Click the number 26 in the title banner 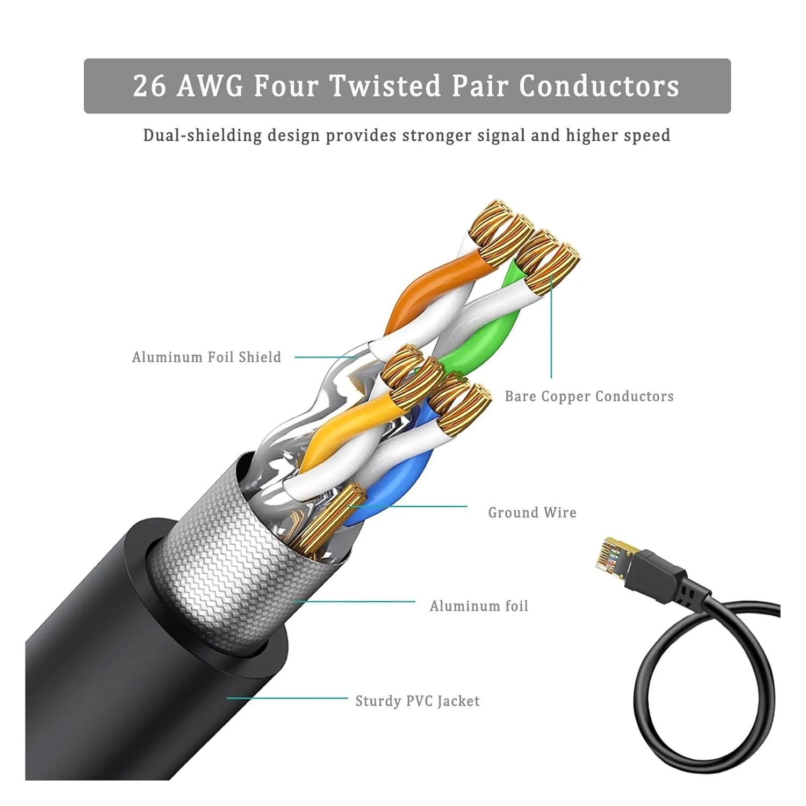[x=149, y=86]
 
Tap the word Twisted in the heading [x=384, y=86]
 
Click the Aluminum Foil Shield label [x=207, y=357]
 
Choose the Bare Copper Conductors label [x=589, y=396]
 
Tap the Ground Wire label [x=532, y=513]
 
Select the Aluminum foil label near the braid [x=479, y=606]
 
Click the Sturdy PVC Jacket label [x=418, y=701]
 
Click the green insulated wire [x=484, y=333]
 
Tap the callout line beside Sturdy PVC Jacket [x=287, y=698]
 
